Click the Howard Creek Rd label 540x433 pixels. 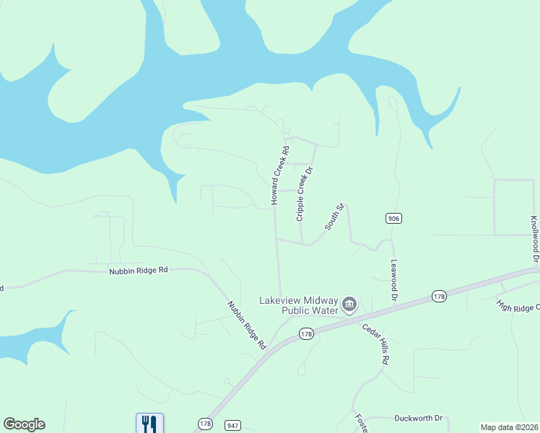(x=279, y=175)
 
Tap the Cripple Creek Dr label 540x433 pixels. (x=305, y=193)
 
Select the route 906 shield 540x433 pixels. (x=393, y=219)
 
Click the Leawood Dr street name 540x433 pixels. (x=394, y=281)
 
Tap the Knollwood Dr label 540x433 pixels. (x=534, y=239)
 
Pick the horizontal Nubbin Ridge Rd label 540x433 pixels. (x=138, y=270)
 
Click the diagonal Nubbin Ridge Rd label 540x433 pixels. (x=247, y=325)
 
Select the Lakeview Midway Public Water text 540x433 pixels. (x=300, y=305)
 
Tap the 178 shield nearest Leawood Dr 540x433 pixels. (x=439, y=297)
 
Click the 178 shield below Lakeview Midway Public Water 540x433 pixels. (x=306, y=334)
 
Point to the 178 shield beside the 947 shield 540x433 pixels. (x=204, y=424)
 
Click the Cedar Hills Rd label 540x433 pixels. (x=376, y=344)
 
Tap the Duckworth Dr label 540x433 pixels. (x=422, y=419)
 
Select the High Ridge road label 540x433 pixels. (x=517, y=306)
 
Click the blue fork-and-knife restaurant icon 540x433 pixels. (x=149, y=424)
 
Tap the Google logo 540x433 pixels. (x=24, y=424)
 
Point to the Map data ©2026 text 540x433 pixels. (x=509, y=427)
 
